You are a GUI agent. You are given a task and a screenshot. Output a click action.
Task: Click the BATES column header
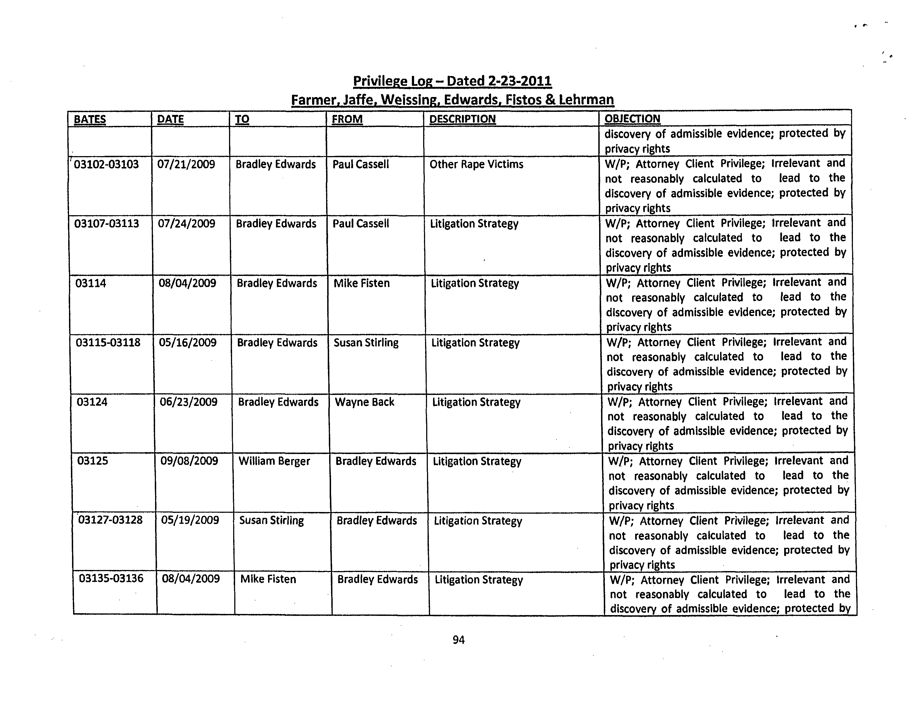(90, 119)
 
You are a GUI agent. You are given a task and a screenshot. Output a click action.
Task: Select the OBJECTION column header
(632, 119)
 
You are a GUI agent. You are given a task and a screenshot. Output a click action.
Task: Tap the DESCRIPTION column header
(462, 119)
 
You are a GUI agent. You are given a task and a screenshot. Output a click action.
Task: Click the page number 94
(458, 640)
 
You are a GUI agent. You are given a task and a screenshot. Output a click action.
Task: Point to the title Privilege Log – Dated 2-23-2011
(452, 81)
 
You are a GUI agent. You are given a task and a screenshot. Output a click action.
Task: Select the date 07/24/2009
(186, 224)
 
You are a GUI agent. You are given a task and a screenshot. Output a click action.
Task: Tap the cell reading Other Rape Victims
(476, 164)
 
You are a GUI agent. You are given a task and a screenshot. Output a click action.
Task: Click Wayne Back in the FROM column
(365, 402)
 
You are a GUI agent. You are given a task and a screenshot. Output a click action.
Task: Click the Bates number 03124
(92, 402)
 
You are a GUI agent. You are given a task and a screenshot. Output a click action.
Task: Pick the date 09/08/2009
(189, 461)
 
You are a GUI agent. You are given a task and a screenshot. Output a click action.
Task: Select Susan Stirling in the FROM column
(366, 343)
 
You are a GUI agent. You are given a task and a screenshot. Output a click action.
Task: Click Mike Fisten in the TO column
(268, 579)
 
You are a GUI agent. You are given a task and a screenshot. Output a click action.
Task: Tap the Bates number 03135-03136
(111, 579)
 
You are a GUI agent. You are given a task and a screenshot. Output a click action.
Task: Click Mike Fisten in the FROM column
(362, 283)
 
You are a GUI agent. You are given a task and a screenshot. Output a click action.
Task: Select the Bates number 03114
(91, 283)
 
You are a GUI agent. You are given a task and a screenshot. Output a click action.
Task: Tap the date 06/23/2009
(189, 402)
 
